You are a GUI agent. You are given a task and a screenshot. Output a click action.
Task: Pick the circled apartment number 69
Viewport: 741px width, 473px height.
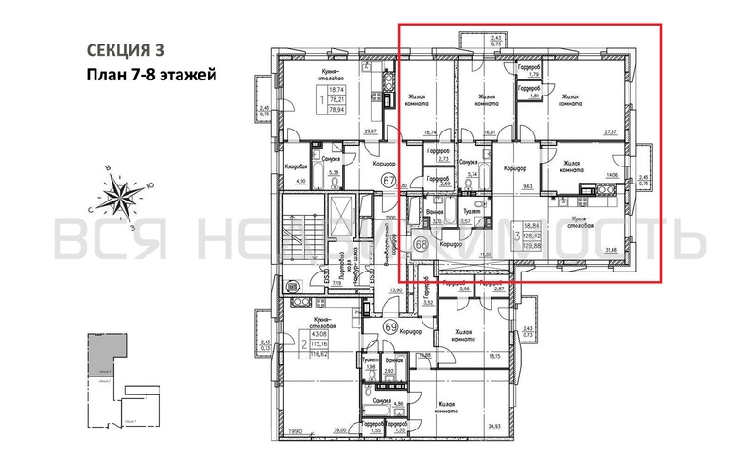(390, 327)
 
